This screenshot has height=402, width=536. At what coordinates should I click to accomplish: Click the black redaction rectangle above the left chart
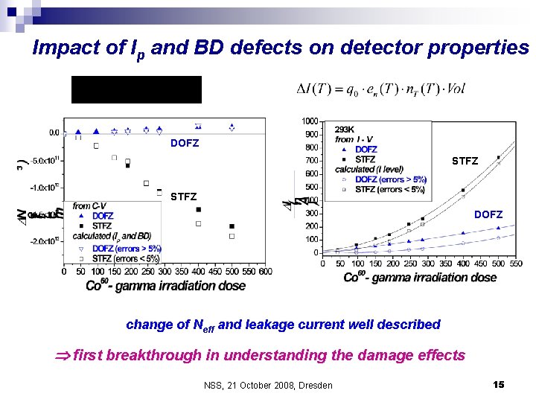(x=136, y=89)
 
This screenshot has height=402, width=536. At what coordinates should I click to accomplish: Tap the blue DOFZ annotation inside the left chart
(x=185, y=143)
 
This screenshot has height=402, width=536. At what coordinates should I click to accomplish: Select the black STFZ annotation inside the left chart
(x=184, y=197)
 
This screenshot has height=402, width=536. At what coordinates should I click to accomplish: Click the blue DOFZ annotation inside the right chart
(x=488, y=214)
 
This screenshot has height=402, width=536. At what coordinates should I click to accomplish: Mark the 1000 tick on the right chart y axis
(x=310, y=121)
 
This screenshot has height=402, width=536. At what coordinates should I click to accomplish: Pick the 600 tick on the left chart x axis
(x=265, y=271)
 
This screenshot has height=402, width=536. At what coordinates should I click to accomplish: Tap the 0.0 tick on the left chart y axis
(x=55, y=133)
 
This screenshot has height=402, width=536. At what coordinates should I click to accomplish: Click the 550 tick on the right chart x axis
(x=514, y=263)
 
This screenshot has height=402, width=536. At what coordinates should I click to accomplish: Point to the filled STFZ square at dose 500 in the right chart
(x=499, y=157)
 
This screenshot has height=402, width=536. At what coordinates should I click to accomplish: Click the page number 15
(x=498, y=384)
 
